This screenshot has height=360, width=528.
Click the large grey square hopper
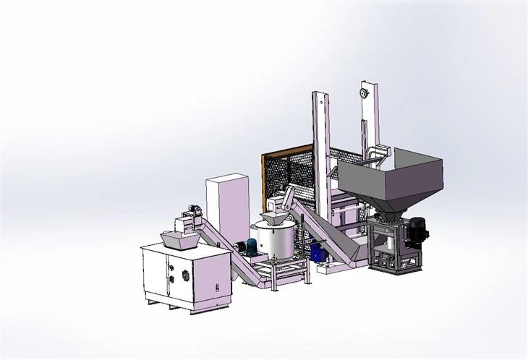[x=394, y=177]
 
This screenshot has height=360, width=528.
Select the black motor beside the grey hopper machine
[x=417, y=230]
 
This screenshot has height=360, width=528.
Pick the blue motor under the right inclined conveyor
[x=317, y=252]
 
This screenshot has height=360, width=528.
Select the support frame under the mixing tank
[x=278, y=275]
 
